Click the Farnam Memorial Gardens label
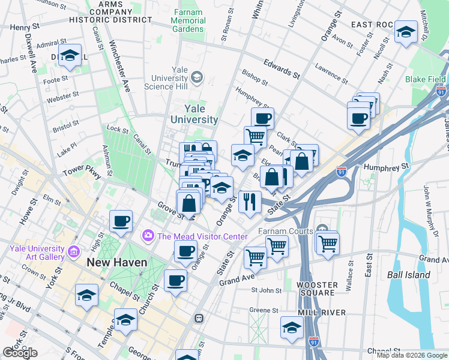(188, 20)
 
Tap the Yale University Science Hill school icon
(197, 77)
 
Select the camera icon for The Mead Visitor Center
(148, 236)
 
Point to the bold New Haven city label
(115, 262)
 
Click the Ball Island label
(409, 275)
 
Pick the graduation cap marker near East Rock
(406, 31)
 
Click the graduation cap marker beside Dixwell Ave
(70, 55)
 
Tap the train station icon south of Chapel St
(199, 319)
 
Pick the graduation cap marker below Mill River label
(292, 328)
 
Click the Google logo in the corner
(20, 353)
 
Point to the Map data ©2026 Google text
(412, 355)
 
